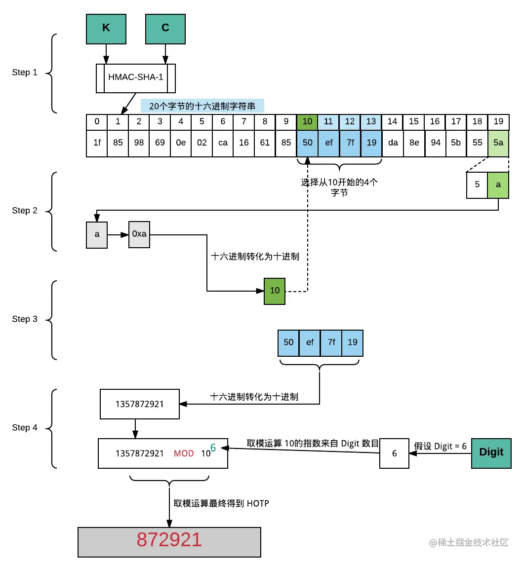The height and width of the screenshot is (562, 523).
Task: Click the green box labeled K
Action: tap(106, 28)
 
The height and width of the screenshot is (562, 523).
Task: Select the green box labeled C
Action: tap(165, 28)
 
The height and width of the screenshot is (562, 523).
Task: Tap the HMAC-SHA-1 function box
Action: tap(136, 77)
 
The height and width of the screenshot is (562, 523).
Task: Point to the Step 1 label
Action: tap(25, 73)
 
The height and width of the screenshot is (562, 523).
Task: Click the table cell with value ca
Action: tap(223, 143)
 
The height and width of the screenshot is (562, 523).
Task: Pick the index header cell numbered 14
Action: tap(392, 122)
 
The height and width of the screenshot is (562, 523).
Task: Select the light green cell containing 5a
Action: tap(498, 143)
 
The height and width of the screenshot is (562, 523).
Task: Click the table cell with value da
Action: tap(392, 143)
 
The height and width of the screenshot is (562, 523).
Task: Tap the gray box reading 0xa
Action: tap(139, 234)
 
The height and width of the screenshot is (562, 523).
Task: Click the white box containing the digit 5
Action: tap(477, 185)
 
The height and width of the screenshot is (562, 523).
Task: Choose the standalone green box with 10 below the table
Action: tap(275, 291)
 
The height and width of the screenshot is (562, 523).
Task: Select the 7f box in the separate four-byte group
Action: tap(331, 342)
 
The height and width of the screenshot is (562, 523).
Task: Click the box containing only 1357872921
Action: tap(139, 404)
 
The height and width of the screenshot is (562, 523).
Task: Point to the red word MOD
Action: tap(184, 453)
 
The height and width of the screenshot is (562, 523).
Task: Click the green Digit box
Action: tap(491, 452)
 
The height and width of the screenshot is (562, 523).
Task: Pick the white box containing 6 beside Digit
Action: tap(394, 453)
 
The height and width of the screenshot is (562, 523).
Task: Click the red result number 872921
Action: tap(169, 540)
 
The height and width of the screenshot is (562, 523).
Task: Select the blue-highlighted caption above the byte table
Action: tap(202, 106)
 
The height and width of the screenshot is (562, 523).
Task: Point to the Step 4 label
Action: tap(25, 428)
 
